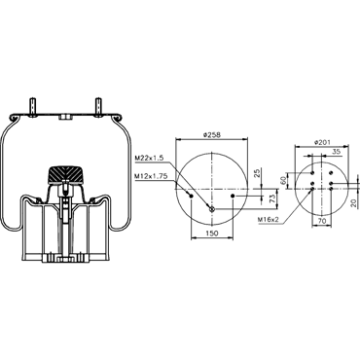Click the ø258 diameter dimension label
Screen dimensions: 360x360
coord(211,135)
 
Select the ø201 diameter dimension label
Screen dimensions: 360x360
coord(322,142)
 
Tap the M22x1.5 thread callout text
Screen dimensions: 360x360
coord(149,158)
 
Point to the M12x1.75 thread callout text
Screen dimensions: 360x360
coord(151,176)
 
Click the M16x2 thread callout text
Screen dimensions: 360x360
coord(269,220)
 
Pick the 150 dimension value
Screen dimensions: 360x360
coord(212,233)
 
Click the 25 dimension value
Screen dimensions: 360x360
coord(258,173)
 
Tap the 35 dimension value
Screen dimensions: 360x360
coord(336,151)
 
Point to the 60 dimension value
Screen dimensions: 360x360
coord(284,180)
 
